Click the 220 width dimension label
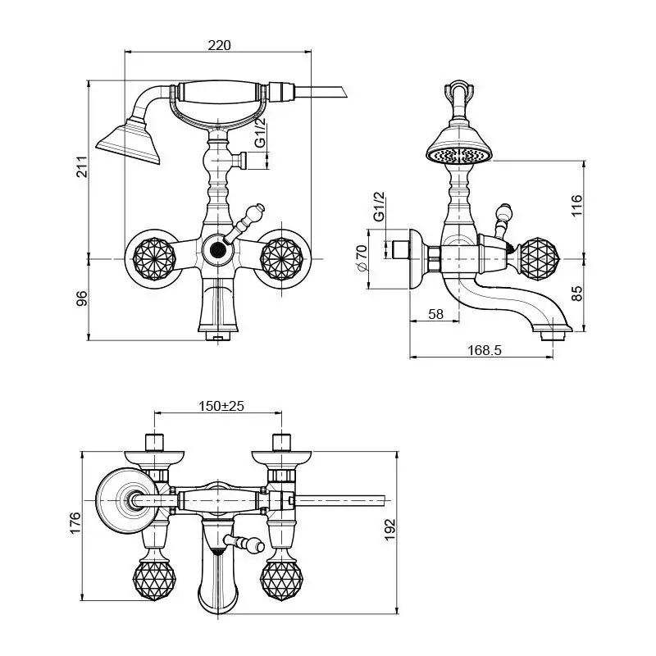219,46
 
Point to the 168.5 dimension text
485,350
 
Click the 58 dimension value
435,314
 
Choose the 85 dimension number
576,293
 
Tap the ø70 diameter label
362,259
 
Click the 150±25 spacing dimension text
221,406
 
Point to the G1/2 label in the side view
379,207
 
